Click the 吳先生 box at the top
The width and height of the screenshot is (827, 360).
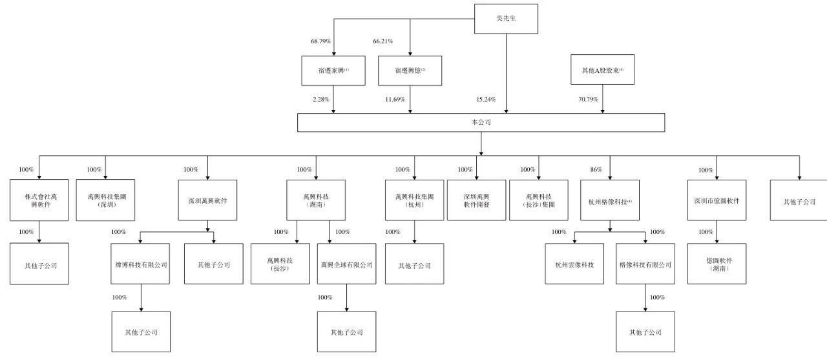tap(505, 18)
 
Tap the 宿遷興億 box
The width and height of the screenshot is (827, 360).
tap(410, 70)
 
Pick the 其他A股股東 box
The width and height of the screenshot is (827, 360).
tap(603, 70)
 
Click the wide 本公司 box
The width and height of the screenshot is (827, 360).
tap(481, 122)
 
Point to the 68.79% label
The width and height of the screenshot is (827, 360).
tap(320, 41)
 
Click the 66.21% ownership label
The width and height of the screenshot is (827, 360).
tap(383, 41)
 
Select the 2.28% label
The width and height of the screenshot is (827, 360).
tap(320, 100)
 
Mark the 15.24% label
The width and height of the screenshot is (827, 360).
tap(485, 100)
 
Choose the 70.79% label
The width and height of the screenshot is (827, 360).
tap(587, 100)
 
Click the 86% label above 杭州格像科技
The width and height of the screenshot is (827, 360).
tap(596, 170)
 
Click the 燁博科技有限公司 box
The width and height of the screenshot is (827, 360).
tap(141, 264)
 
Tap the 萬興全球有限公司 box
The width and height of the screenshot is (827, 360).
tap(346, 264)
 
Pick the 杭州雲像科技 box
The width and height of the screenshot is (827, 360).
tap(574, 264)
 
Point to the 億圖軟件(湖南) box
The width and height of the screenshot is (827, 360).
tap(717, 264)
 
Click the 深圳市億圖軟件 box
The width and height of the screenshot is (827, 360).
tap(717, 200)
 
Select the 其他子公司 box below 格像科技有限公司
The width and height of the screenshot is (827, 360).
tap(645, 332)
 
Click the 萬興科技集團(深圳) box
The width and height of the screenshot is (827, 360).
tap(106, 200)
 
